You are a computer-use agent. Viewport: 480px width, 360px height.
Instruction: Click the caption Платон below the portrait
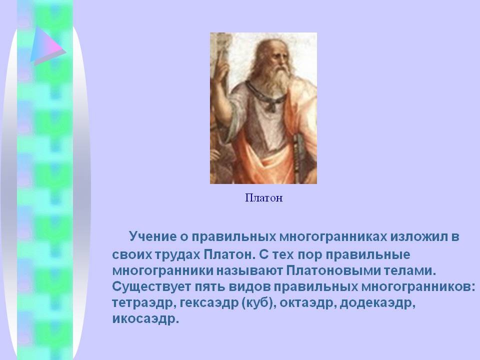click(x=264, y=198)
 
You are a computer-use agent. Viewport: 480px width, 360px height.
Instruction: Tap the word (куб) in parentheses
click(x=257, y=303)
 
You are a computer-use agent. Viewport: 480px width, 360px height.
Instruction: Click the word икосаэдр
click(x=145, y=319)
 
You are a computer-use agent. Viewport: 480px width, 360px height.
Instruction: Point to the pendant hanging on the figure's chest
click(x=271, y=105)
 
